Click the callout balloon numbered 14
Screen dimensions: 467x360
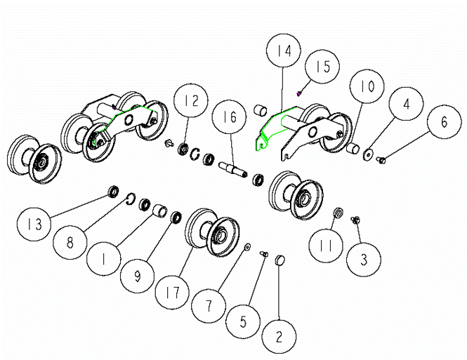[283, 51]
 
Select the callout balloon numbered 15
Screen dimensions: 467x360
[322, 67]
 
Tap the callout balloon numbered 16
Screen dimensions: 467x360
[229, 116]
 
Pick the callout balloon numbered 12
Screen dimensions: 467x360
[191, 100]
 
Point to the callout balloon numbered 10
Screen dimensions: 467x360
[367, 86]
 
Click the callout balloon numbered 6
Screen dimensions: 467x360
[444, 121]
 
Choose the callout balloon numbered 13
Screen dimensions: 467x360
[34, 224]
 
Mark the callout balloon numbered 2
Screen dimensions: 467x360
[279, 337]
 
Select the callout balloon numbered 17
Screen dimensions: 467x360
[173, 292]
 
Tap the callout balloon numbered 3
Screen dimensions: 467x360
[364, 259]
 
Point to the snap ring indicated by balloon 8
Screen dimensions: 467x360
[130, 199]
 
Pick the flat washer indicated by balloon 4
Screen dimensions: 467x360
[368, 154]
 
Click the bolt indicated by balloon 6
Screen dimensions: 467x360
[381, 160]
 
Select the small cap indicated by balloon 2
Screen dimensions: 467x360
[279, 260]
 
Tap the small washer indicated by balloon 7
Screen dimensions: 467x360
[247, 246]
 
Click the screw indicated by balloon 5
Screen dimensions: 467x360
[264, 254]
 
